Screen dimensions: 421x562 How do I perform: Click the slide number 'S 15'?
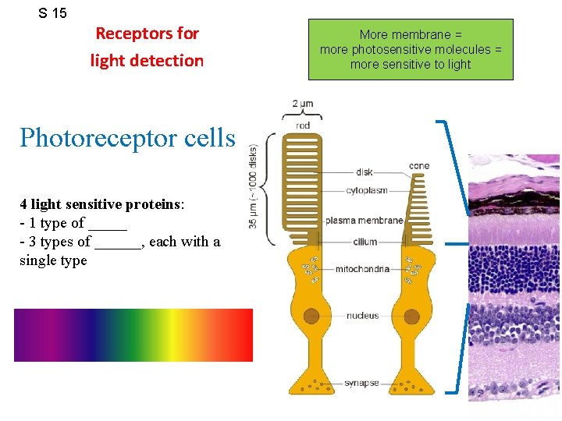[x=53, y=13]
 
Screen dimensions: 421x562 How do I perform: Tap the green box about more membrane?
[x=411, y=50]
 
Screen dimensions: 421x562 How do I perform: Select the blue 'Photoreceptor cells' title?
[x=127, y=138]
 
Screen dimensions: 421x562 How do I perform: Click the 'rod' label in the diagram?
[x=303, y=126]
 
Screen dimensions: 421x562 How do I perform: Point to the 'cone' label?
[x=419, y=165]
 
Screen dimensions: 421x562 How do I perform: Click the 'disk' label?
[x=364, y=172]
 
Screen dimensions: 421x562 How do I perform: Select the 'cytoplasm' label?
[x=368, y=191]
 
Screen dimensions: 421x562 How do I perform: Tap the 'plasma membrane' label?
[x=364, y=221]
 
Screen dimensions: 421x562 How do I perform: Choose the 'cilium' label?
[x=365, y=242]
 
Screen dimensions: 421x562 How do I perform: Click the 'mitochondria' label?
[x=362, y=270]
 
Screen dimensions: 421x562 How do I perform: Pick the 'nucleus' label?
[x=362, y=316]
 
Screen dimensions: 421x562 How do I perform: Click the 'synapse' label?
[x=361, y=383]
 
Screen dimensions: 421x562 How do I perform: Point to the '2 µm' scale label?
[x=303, y=104]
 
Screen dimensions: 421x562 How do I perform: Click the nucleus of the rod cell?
[x=311, y=316]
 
